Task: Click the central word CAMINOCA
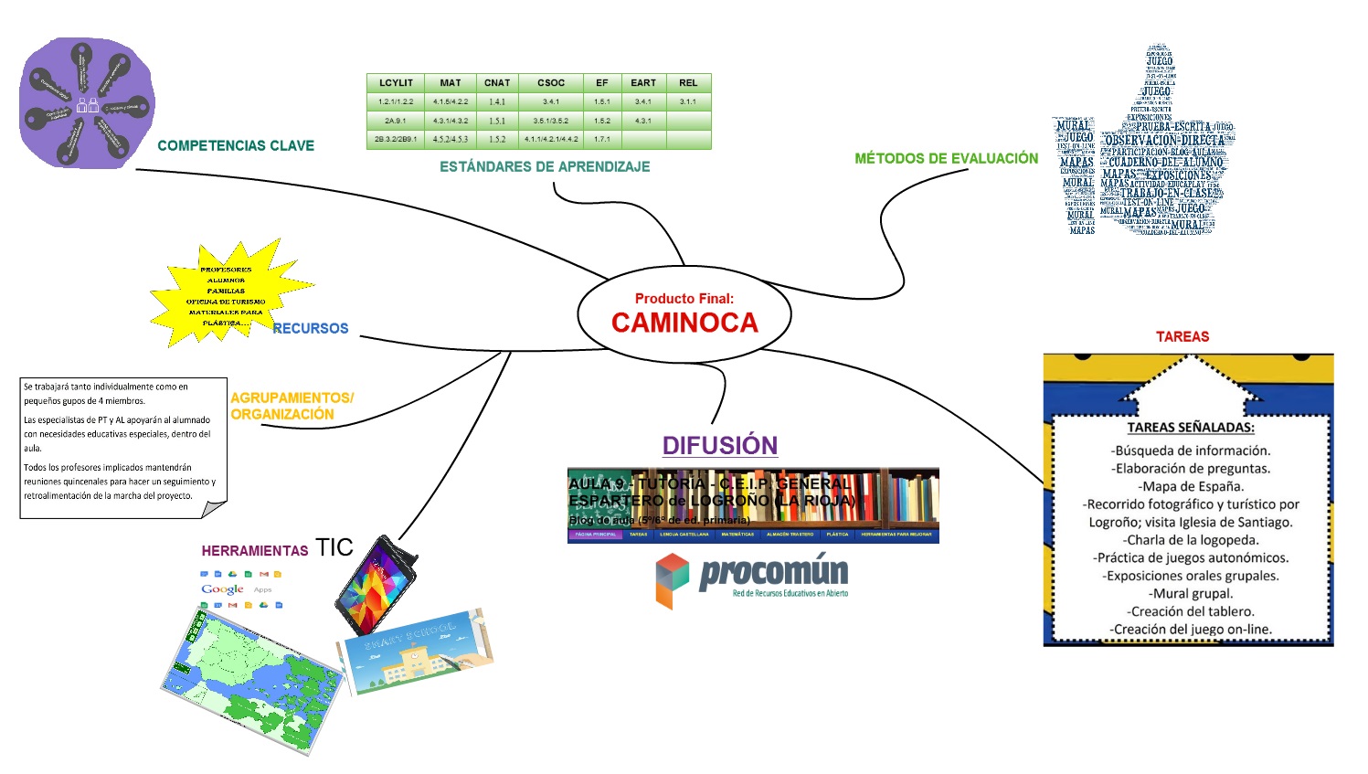point(684,323)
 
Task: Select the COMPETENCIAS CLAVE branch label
point(236,146)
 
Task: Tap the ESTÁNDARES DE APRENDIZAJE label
point(545,166)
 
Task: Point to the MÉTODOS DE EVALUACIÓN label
point(946,159)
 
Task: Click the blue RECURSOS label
point(311,328)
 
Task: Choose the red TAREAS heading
point(1182,337)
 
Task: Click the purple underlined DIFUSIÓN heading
point(720,445)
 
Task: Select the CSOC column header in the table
point(551,83)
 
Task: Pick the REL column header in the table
point(688,83)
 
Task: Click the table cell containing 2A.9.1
point(396,121)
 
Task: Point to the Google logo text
point(222,589)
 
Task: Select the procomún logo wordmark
point(773,573)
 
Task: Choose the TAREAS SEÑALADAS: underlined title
point(1191,428)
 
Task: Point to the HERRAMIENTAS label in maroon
point(255,551)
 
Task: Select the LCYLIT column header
point(396,83)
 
